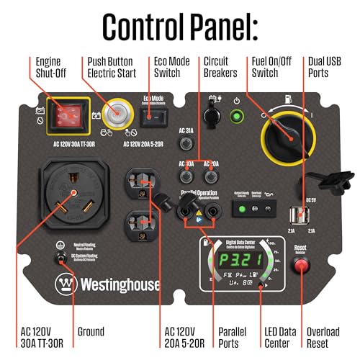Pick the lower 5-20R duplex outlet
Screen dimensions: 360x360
pos(139,220)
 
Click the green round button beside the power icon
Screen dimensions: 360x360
pos(235,115)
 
